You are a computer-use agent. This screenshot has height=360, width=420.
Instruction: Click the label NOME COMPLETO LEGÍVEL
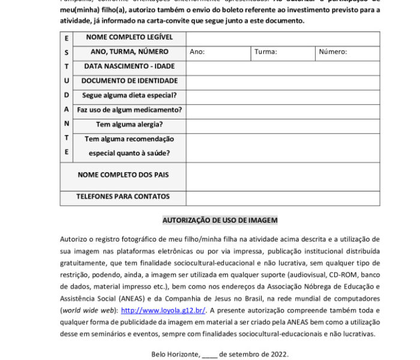coord(130,38)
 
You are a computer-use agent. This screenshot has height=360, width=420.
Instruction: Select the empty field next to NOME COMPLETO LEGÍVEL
coord(283,38)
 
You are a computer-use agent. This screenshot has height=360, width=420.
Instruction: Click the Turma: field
coord(283,52)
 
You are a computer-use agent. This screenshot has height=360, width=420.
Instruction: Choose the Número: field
coord(348,52)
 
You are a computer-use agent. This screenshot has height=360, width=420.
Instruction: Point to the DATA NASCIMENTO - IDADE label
coord(130,67)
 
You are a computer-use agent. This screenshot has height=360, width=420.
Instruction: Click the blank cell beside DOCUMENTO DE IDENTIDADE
coord(283,81)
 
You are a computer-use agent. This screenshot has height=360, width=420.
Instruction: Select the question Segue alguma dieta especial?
coord(130,95)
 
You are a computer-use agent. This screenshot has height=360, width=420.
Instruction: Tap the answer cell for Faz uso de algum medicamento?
coord(283,110)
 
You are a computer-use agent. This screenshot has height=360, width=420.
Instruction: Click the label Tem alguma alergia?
coord(130,125)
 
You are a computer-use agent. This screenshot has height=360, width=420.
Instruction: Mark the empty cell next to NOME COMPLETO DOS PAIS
coord(283,175)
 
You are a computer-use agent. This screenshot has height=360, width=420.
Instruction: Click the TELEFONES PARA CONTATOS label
coord(123,197)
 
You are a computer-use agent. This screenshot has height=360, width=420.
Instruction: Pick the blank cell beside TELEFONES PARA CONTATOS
coord(283,197)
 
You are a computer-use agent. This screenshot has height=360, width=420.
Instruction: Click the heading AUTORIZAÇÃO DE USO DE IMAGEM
coord(220,221)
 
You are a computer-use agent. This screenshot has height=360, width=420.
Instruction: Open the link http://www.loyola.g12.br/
coord(163,311)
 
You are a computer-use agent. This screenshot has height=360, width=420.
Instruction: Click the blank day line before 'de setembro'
coord(209,355)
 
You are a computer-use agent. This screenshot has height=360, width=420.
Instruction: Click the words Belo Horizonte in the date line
coord(175,355)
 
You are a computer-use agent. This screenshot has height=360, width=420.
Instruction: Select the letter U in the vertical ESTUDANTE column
coord(67,81)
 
